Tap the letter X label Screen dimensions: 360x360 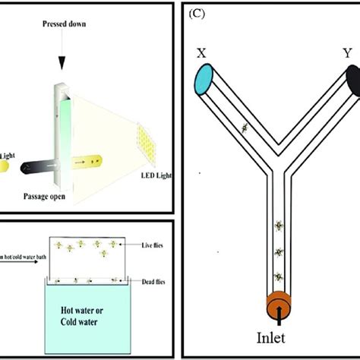point(201,55)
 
